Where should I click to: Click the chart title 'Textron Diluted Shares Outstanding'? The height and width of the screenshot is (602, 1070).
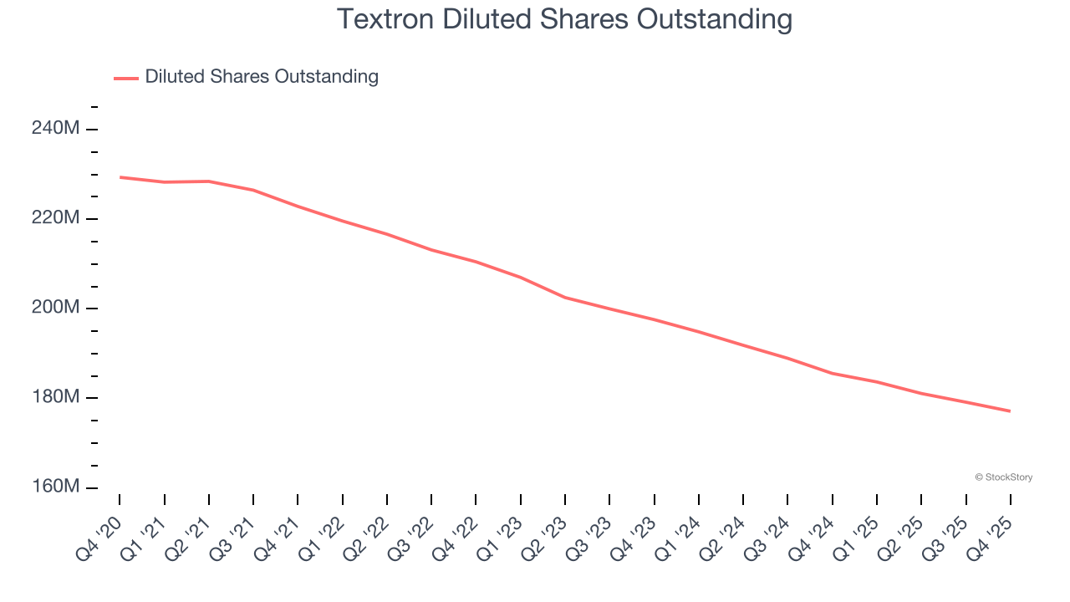pyautogui.click(x=564, y=19)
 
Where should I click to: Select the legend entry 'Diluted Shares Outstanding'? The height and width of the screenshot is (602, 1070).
pyautogui.click(x=262, y=77)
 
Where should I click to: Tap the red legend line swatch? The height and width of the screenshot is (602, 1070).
pyautogui.click(x=125, y=78)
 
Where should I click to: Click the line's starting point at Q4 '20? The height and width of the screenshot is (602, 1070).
pyautogui.click(x=120, y=177)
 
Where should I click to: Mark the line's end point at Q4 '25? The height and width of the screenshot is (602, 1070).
pyautogui.click(x=1011, y=411)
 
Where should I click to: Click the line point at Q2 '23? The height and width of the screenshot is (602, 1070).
pyautogui.click(x=565, y=298)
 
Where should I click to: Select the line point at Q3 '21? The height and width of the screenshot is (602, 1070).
pyautogui.click(x=253, y=190)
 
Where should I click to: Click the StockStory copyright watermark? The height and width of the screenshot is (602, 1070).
pyautogui.click(x=1003, y=477)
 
